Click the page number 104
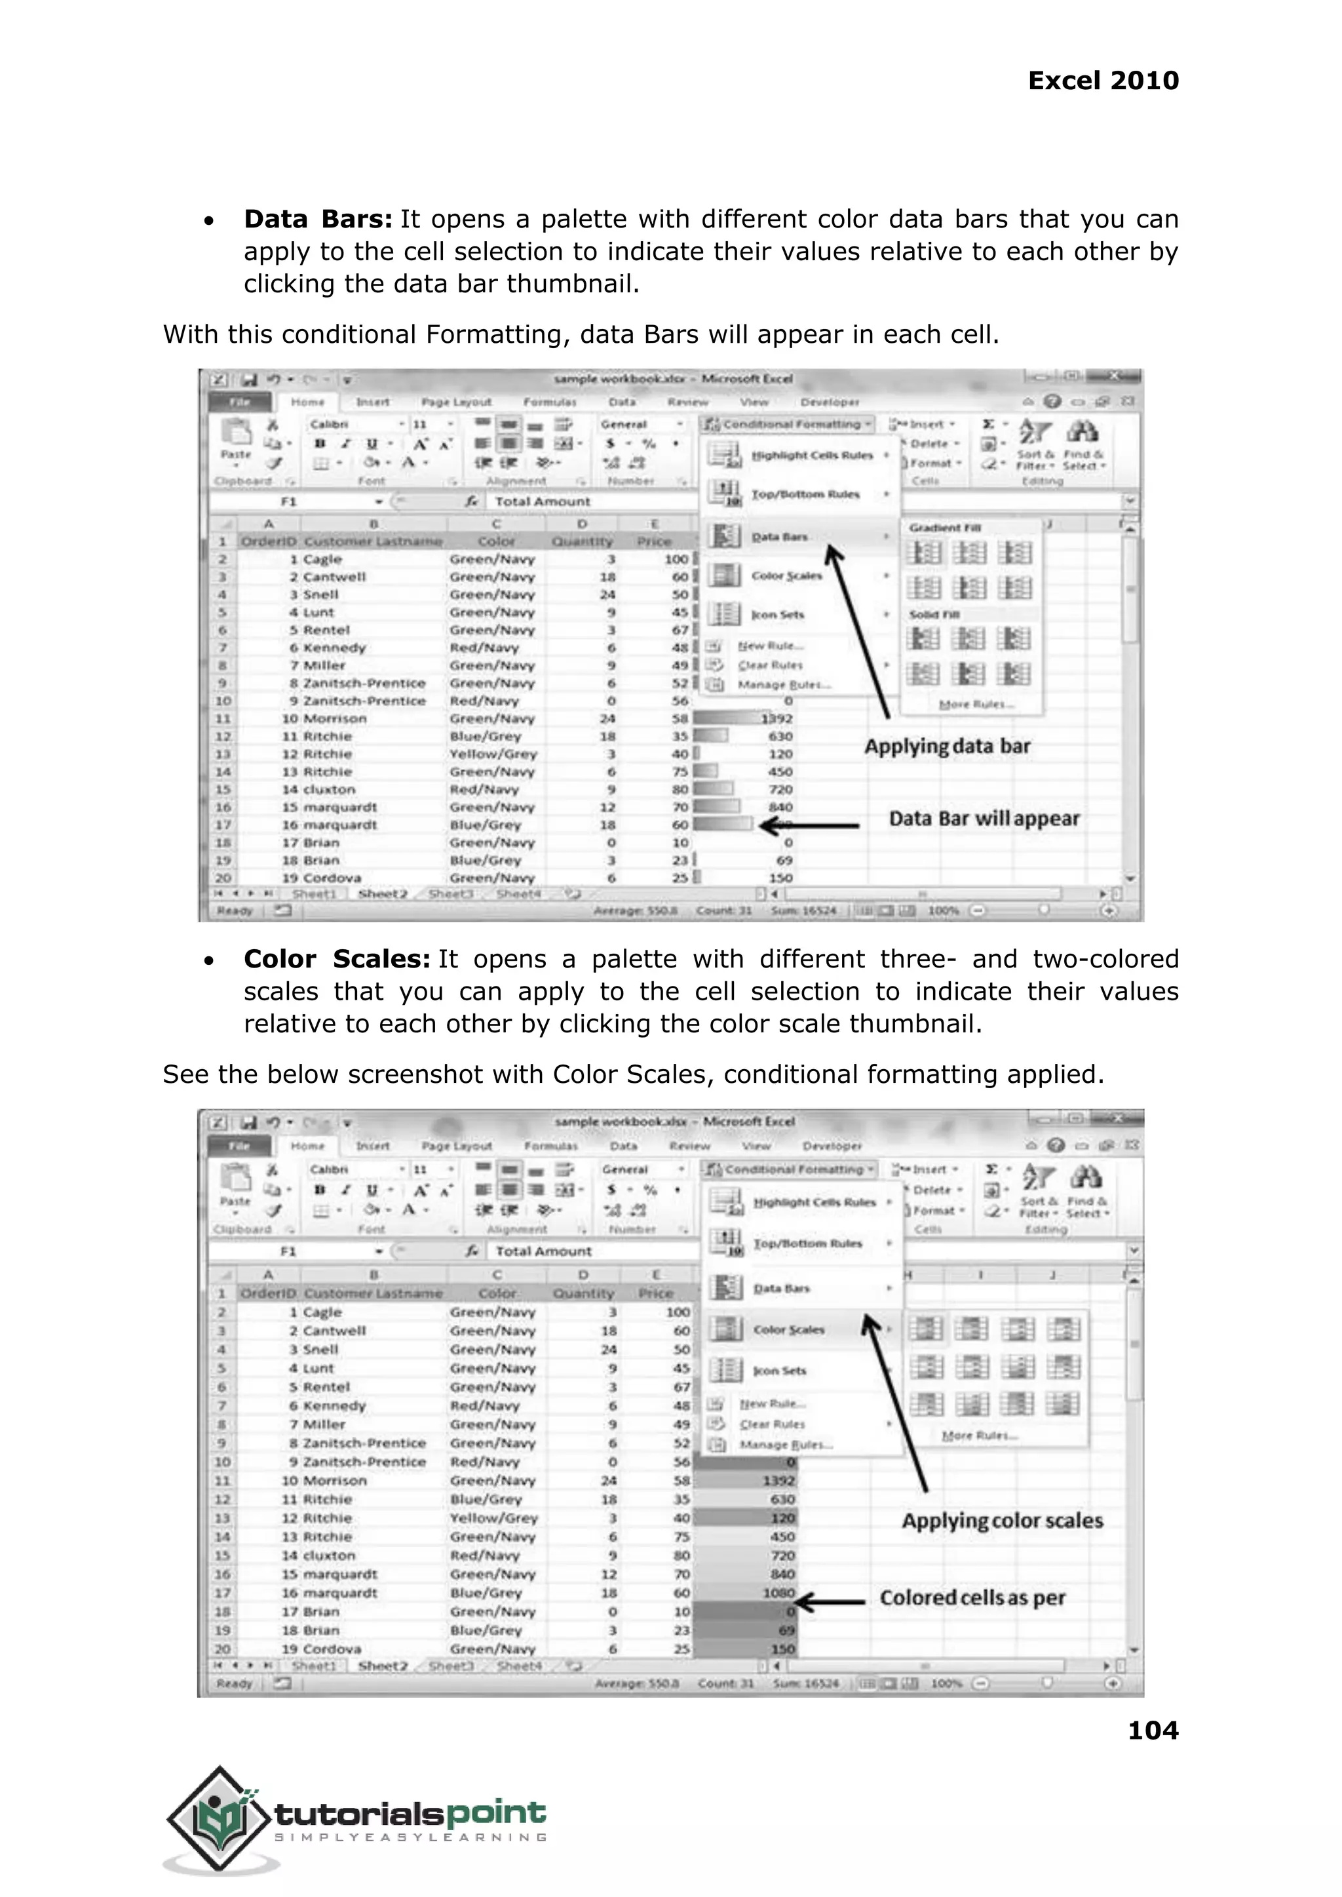coord(1153,1730)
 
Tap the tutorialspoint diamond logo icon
coord(218,1819)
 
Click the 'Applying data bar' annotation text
coord(947,747)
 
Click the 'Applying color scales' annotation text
coord(1001,1521)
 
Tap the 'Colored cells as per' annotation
coord(972,1598)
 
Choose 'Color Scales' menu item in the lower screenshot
coord(788,1330)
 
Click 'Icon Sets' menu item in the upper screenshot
coord(776,614)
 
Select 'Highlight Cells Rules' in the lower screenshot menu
coord(813,1203)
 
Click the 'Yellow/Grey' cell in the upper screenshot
coord(493,754)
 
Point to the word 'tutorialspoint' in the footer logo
coord(410,1814)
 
